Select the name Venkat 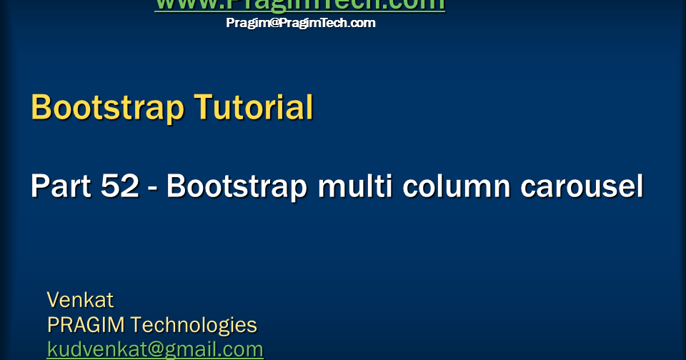tap(80, 299)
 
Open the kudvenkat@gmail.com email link tap(155, 349)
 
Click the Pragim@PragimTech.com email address tap(301, 23)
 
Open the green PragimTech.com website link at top tap(299, 4)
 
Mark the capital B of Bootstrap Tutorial tap(41, 108)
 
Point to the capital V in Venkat tap(53, 299)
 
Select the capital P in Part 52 tap(39, 186)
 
